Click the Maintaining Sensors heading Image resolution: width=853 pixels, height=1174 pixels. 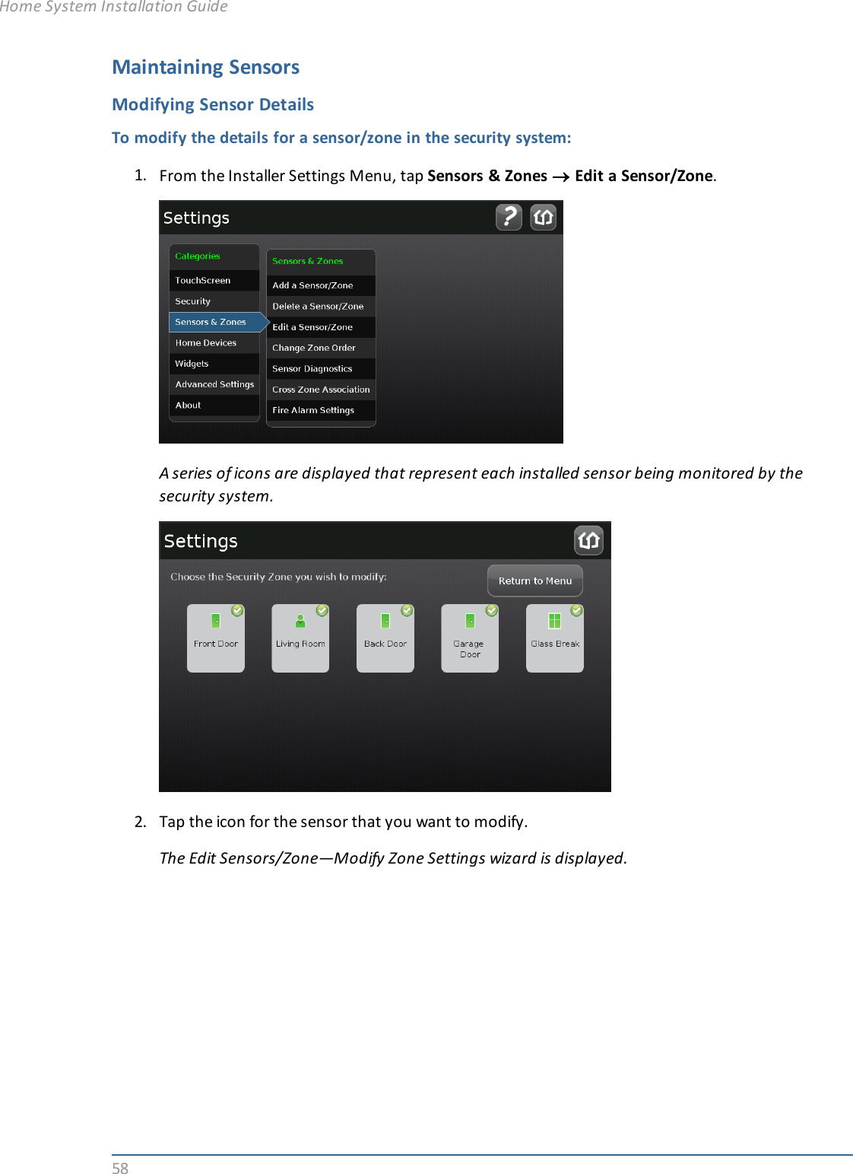click(205, 67)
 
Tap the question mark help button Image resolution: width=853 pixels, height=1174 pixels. click(509, 217)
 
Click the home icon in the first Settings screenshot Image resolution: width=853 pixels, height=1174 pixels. click(543, 217)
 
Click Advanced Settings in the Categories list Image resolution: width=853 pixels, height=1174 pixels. click(214, 384)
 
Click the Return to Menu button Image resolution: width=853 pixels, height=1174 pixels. click(534, 581)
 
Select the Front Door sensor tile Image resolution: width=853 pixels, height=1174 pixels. click(216, 638)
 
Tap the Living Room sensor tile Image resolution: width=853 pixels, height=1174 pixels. click(300, 638)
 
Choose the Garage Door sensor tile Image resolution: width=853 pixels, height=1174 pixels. click(470, 638)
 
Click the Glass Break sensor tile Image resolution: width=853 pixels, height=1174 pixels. click(555, 638)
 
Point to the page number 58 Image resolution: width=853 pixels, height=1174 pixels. click(120, 1168)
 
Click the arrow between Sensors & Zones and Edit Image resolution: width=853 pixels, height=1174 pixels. click(560, 177)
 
